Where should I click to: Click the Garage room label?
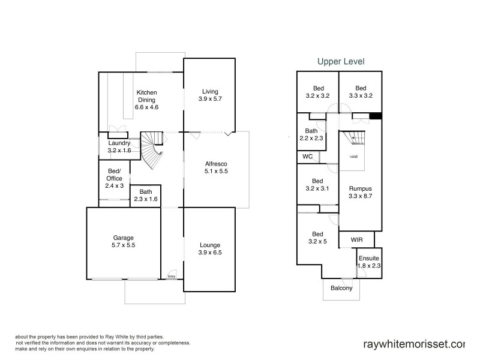coord(124,238)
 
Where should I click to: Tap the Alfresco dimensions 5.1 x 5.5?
coord(216,171)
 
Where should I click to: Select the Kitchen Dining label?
coord(146,96)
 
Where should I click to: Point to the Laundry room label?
coord(119,143)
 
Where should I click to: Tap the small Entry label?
coord(172,277)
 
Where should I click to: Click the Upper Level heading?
coord(340,61)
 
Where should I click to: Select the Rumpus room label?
coord(361,188)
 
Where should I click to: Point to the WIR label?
coord(356,240)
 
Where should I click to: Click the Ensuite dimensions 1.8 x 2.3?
coord(369,265)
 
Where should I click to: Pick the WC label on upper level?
coord(308,157)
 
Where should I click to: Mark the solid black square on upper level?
coord(376,116)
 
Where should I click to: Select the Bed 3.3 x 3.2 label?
coord(361,91)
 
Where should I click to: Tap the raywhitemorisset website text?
coord(414,344)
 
